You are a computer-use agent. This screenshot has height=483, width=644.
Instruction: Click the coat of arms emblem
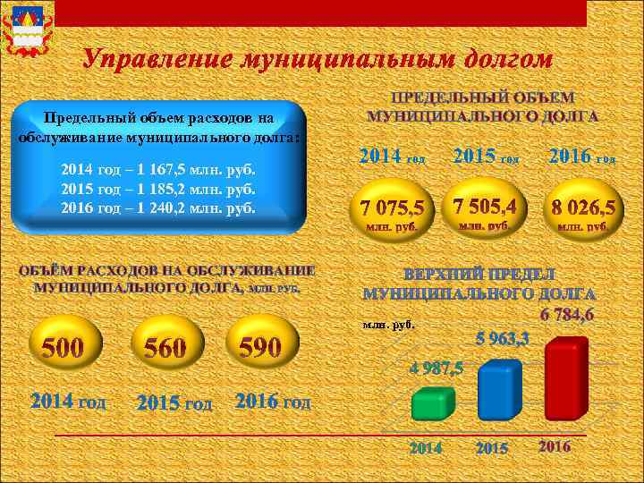click(27, 29)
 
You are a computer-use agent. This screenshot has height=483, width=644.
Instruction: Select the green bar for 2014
click(433, 404)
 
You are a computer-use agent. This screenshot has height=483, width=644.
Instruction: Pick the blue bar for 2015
click(499, 389)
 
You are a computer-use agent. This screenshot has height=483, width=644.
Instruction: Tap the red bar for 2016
click(565, 379)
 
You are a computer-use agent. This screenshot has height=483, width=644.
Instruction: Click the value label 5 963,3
click(502, 339)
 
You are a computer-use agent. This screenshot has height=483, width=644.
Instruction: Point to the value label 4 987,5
click(436, 369)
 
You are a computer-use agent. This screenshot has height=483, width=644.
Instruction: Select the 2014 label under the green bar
click(426, 447)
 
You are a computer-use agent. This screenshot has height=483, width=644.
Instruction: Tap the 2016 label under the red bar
click(555, 445)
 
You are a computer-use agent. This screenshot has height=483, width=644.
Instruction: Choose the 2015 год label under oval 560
click(175, 403)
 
